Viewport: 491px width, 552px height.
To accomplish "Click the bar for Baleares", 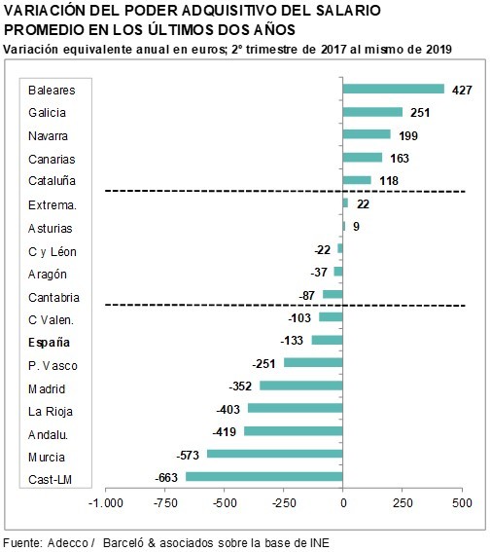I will coord(393,89).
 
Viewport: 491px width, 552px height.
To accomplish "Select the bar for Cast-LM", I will coord(264,477).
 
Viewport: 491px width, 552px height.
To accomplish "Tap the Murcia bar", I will coord(275,454).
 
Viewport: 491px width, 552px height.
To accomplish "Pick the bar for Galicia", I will coord(372,112).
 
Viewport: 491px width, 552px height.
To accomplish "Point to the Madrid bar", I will coord(301,386).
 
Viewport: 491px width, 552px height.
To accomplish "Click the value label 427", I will coord(462,90).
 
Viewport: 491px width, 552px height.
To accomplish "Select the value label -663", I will coord(166,478).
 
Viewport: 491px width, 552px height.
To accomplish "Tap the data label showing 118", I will coord(389,181).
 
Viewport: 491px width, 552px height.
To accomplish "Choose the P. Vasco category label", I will coord(53,366).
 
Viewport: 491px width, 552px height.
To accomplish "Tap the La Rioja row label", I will coord(51,412).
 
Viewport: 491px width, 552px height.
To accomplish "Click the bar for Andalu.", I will coord(294,431).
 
